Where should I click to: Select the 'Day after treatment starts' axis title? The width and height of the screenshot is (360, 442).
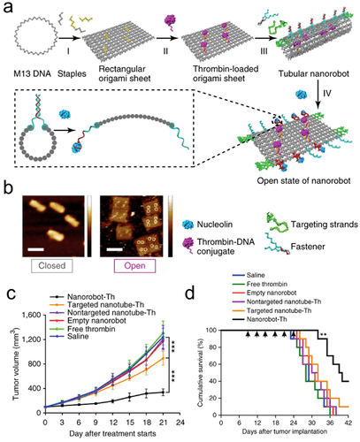(x=105, y=434)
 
